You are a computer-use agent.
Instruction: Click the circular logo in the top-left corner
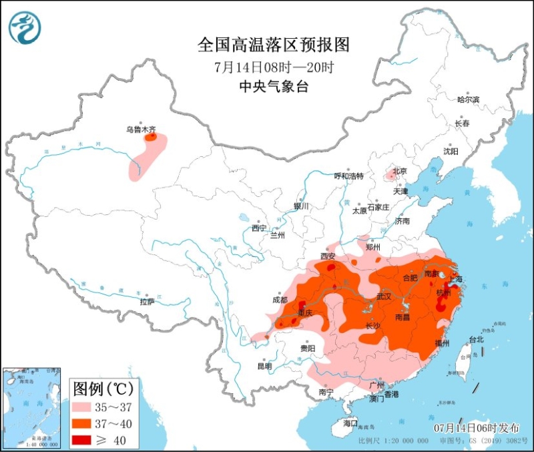[25, 27]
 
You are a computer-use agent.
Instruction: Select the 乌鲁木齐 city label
[142, 130]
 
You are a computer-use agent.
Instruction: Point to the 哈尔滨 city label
[468, 99]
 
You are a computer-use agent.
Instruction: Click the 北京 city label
[399, 171]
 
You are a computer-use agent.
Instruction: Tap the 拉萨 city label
[148, 302]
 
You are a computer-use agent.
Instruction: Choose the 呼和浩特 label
[348, 176]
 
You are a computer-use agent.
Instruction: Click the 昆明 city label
[264, 366]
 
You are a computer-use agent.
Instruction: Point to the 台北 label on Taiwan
[477, 339]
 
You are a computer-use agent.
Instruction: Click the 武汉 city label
[384, 295]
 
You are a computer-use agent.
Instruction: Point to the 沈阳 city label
[451, 152]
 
